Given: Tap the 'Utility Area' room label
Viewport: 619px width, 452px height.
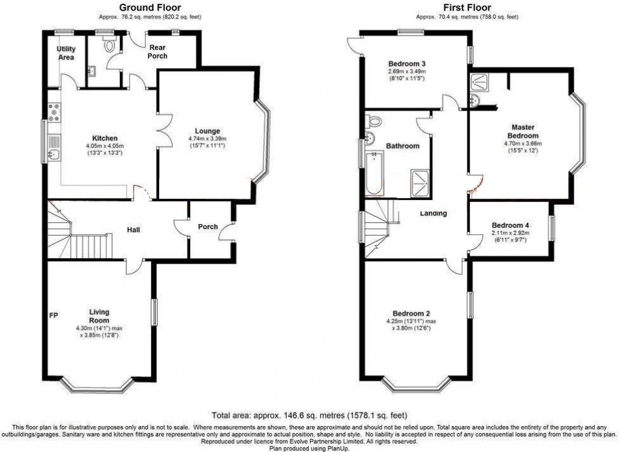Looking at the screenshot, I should pos(66,53).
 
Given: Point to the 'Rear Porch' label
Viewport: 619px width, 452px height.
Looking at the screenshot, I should pos(158,52).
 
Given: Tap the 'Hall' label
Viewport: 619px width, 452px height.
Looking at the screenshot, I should pos(133,230).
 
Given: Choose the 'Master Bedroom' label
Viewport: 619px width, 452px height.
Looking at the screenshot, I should pos(524,131).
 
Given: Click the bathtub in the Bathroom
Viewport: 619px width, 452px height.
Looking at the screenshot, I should pos(374,171).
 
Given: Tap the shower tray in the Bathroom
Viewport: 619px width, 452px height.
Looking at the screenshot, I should pos(419,181).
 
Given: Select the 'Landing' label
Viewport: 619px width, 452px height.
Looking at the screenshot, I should pos(433,213).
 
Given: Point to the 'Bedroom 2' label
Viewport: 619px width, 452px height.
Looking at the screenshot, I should pos(411,314).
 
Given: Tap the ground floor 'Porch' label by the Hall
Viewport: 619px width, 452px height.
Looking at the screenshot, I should pos(208,227).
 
